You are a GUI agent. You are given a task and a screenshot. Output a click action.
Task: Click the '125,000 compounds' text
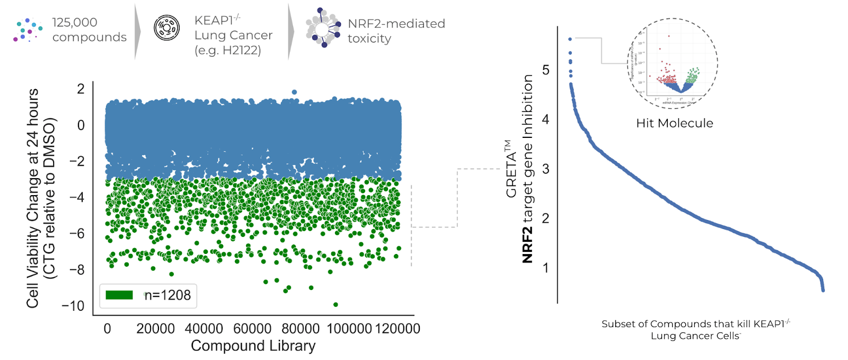(x=89, y=30)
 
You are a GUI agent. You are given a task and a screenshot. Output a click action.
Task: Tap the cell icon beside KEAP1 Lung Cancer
(x=166, y=28)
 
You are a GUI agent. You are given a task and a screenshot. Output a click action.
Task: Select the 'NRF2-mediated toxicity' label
(x=396, y=31)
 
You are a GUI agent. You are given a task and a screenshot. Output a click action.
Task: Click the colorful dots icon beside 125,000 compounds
(x=28, y=30)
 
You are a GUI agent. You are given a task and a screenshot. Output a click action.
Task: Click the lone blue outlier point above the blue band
(x=294, y=92)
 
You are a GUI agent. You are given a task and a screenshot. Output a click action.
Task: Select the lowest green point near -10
(x=335, y=304)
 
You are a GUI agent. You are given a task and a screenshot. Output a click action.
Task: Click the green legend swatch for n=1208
(x=119, y=295)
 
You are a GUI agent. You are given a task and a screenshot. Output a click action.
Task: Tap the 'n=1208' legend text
(x=167, y=295)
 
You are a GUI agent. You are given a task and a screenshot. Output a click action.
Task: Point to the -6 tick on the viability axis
(x=77, y=233)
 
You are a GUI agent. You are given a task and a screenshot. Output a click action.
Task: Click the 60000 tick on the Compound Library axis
(x=252, y=329)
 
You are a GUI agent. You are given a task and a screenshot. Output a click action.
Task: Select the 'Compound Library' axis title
(x=253, y=346)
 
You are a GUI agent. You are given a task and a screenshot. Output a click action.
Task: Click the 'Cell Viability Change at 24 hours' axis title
(x=33, y=198)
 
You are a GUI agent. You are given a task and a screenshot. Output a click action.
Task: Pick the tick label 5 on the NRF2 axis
(x=546, y=70)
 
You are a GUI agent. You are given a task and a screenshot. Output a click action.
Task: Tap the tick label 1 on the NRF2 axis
(x=546, y=268)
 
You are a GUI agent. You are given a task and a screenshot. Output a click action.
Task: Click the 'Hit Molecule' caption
(x=674, y=123)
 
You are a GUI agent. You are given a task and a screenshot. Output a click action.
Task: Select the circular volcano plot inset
(x=672, y=64)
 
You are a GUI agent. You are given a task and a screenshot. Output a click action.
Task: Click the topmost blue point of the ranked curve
(x=570, y=39)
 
